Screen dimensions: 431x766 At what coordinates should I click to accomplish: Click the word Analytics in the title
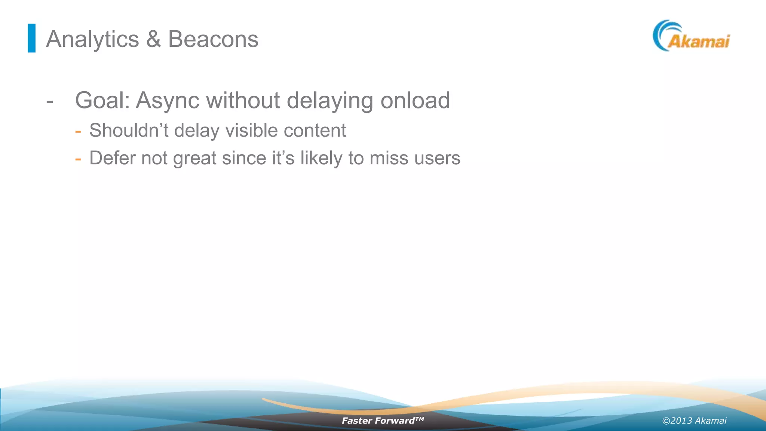click(92, 39)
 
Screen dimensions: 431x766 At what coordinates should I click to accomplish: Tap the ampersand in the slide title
click(153, 39)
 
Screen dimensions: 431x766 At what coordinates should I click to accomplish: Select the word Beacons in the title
click(213, 39)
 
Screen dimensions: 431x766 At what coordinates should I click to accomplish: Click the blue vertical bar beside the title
click(32, 38)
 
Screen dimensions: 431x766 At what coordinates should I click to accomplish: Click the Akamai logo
click(691, 36)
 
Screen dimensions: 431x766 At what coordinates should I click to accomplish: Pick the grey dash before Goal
click(50, 102)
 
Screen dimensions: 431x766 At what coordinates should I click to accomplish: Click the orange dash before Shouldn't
click(78, 131)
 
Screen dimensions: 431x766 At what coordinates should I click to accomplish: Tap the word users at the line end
click(437, 158)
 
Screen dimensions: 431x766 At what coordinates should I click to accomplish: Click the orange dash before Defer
click(78, 159)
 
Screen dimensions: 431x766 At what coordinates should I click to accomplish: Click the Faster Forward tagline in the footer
click(383, 421)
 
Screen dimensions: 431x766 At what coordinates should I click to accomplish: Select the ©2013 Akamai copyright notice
click(694, 421)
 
